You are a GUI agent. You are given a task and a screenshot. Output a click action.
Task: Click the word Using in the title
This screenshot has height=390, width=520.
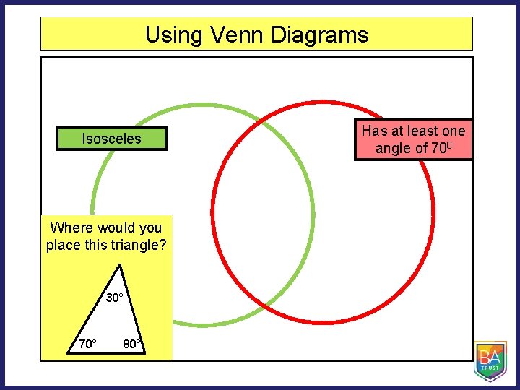tap(168, 35)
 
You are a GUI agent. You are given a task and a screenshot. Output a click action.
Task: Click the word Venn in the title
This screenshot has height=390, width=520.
tap(230, 35)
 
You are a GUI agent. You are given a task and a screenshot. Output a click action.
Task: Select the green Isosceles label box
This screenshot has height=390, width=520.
tap(112, 139)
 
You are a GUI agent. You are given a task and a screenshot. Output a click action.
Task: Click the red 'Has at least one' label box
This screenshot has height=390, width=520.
tap(414, 139)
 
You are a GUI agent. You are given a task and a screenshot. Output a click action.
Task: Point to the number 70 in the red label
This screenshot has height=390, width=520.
tap(440, 149)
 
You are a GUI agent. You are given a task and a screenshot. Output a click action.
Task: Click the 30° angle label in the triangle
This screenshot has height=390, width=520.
tap(115, 298)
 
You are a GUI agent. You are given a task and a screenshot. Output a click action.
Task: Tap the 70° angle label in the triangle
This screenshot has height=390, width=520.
tap(87, 344)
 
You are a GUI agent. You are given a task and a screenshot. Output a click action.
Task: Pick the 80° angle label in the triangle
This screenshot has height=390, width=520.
tap(132, 344)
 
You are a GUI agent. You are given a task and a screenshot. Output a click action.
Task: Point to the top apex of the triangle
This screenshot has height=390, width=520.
tap(120, 265)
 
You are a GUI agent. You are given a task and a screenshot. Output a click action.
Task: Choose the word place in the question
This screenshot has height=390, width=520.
tap(64, 245)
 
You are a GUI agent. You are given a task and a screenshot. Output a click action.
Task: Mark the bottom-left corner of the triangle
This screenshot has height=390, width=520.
tap(67, 354)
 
